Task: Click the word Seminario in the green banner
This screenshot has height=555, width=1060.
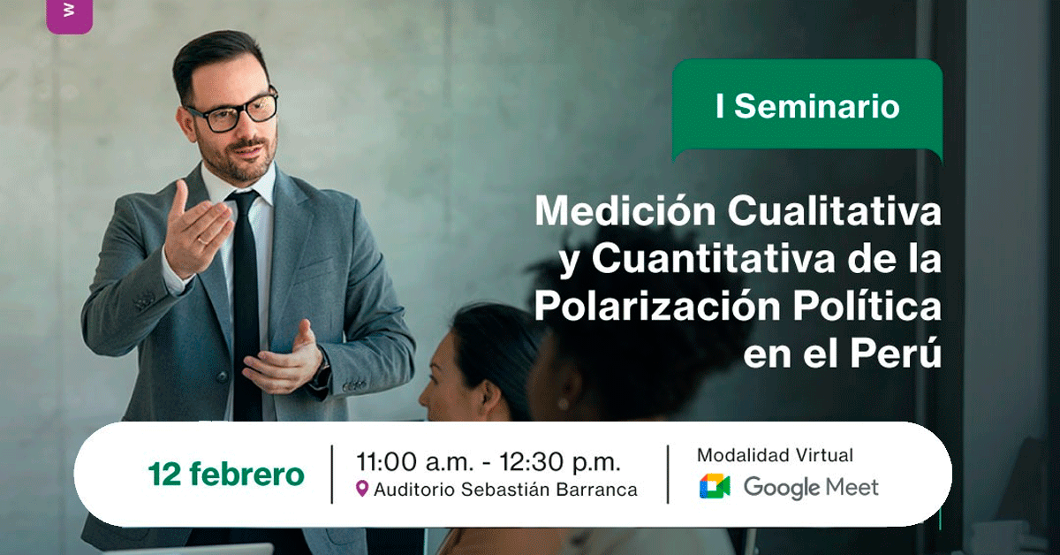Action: pyautogui.click(x=817, y=106)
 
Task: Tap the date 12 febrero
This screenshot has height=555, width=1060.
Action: pyautogui.click(x=226, y=474)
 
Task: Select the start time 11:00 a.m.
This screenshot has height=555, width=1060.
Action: pyautogui.click(x=415, y=461)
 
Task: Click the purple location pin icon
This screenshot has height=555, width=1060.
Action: pyautogui.click(x=362, y=488)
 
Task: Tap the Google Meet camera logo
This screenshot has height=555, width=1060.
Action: pyautogui.click(x=715, y=486)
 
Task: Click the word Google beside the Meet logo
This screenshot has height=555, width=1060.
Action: pyautogui.click(x=781, y=488)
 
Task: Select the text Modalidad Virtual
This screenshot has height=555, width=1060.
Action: pyautogui.click(x=776, y=455)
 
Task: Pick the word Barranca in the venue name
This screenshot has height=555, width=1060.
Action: pyautogui.click(x=597, y=490)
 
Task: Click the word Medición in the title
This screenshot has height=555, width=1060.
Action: pyautogui.click(x=625, y=210)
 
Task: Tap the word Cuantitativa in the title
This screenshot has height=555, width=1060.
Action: pyautogui.click(x=714, y=259)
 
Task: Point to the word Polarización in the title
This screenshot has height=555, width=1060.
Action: pyautogui.click(x=657, y=306)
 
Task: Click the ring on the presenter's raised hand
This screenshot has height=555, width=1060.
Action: pyautogui.click(x=202, y=241)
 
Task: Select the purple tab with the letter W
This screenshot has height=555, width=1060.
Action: pyautogui.click(x=70, y=15)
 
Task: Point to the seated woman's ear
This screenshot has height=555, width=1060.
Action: pyautogui.click(x=488, y=396)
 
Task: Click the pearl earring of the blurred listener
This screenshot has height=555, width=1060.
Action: pyautogui.click(x=563, y=404)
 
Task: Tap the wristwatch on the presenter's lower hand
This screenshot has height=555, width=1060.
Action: pyautogui.click(x=322, y=374)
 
